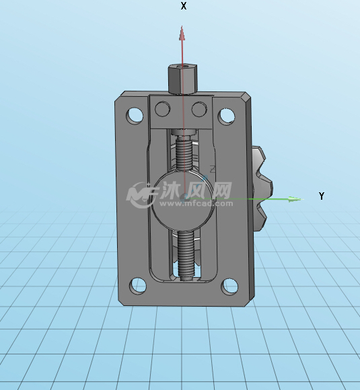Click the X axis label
184,6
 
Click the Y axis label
322,196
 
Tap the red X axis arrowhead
182,32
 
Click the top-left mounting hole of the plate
135,115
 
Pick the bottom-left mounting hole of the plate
138,286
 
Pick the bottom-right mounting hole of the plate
229,286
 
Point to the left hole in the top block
163,108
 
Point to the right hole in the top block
199,108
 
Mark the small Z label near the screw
213,167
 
